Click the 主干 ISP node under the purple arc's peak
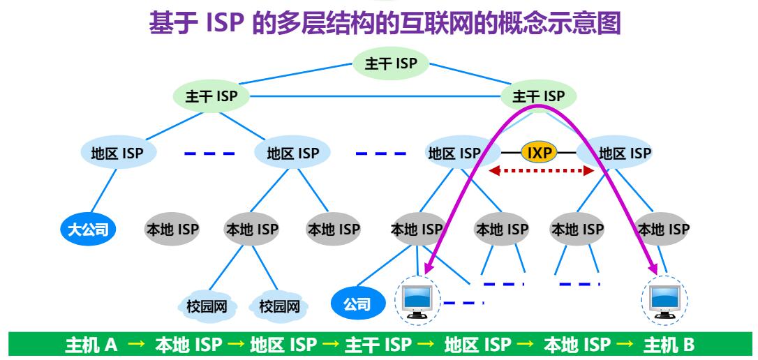[x=538, y=97]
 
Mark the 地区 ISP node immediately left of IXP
[x=454, y=153]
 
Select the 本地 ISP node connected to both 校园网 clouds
[x=251, y=229]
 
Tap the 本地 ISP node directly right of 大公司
[x=172, y=229]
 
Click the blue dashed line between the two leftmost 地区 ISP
[x=209, y=153]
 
